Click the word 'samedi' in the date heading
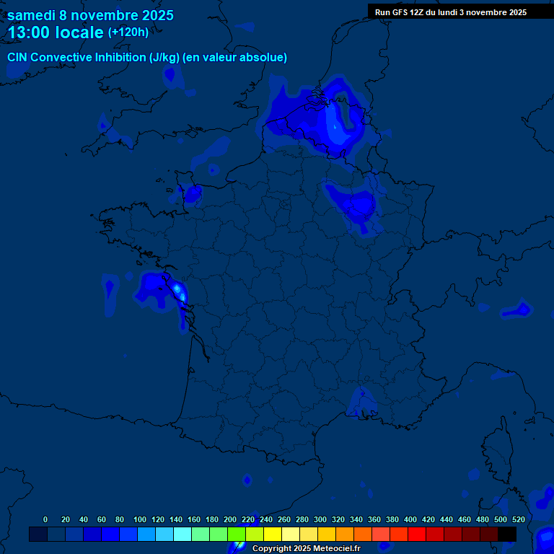[32, 15]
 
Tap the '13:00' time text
[31, 32]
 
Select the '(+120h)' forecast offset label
[128, 32]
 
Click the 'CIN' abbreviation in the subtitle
[17, 58]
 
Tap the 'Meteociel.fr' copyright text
[336, 549]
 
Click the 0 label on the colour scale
[45, 519]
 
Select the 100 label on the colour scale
[140, 519]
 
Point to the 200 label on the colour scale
[230, 519]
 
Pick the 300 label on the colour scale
[320, 519]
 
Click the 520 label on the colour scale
[518, 519]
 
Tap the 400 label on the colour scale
[410, 519]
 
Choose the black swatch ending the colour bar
[507, 535]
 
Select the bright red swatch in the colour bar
[417, 535]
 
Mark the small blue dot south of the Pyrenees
[247, 480]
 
